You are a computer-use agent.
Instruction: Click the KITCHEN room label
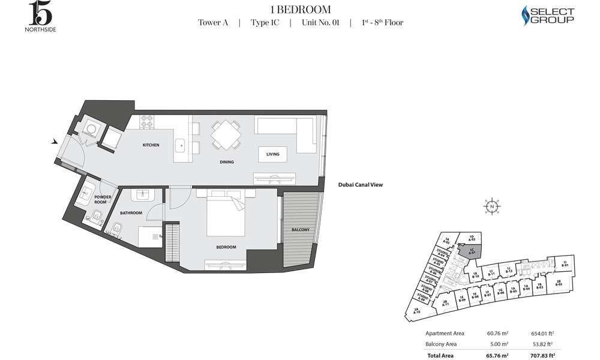pyautogui.click(x=151, y=145)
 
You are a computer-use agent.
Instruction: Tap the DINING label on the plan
pyautogui.click(x=226, y=162)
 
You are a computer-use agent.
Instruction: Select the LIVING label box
pyautogui.click(x=272, y=154)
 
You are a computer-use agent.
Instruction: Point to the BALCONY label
pyautogui.click(x=301, y=230)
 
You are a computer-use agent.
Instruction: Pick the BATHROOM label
pyautogui.click(x=130, y=212)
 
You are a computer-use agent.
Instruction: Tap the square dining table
pyautogui.click(x=226, y=134)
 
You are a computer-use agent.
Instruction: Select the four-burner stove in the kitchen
pyautogui.click(x=147, y=122)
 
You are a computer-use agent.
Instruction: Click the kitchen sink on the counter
pyautogui.click(x=179, y=145)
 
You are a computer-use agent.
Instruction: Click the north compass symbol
pyautogui.click(x=491, y=206)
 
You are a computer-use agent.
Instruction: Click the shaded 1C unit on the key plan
pyautogui.click(x=470, y=249)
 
